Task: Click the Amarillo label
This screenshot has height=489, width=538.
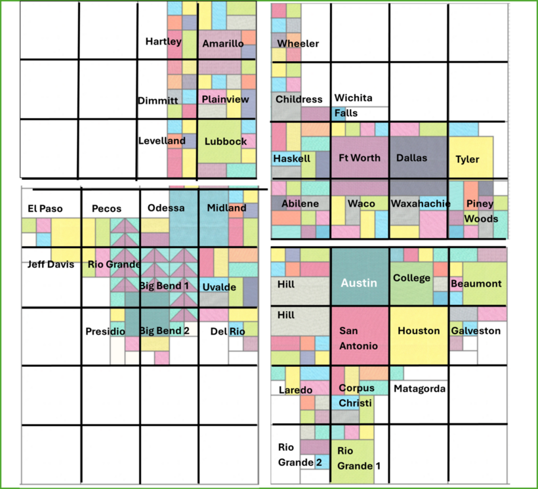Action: tap(223, 44)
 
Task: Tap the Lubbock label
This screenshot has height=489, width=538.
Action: tap(226, 141)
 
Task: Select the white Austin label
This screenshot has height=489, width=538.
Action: tap(359, 283)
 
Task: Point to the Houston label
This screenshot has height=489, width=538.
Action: tap(419, 331)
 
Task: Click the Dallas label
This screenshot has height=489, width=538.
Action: tap(411, 158)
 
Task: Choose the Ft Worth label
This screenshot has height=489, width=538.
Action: tap(360, 158)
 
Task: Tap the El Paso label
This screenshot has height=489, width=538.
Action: tap(45, 209)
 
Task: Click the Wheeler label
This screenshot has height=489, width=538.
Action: tap(298, 43)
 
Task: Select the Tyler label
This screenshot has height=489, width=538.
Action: tap(468, 159)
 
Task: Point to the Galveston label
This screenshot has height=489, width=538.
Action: tap(476, 331)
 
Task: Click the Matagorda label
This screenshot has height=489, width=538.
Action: tap(420, 389)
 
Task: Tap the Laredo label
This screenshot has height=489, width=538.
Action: tap(295, 390)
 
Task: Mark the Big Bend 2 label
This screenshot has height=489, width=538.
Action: tap(164, 331)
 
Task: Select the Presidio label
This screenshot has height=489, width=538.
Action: tap(105, 331)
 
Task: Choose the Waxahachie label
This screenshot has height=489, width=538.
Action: tap(421, 203)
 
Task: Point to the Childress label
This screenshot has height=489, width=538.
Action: tap(299, 99)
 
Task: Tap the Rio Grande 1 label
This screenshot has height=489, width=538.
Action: tap(354, 458)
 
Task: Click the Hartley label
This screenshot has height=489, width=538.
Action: tap(163, 41)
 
